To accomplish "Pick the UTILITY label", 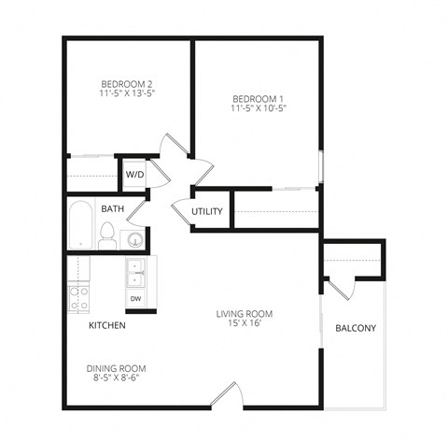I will (207, 211).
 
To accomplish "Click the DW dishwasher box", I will (136, 299).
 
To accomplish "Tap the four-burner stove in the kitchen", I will (78, 299).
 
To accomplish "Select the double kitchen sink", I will (137, 274).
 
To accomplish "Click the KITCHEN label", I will (107, 326).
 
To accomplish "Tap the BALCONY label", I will (355, 328).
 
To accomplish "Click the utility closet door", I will (181, 211).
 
